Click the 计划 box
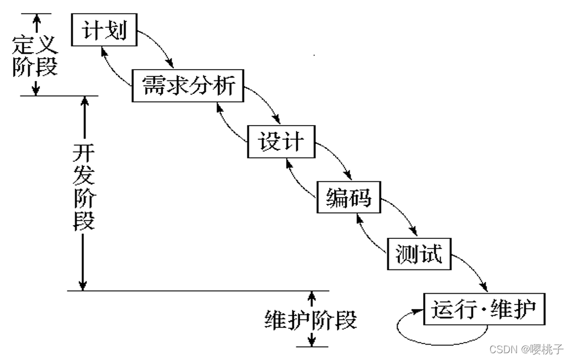[x=104, y=30]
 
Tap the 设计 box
[x=281, y=141]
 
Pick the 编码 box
[x=348, y=197]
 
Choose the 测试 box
[x=419, y=254]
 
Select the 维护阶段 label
[x=311, y=320]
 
